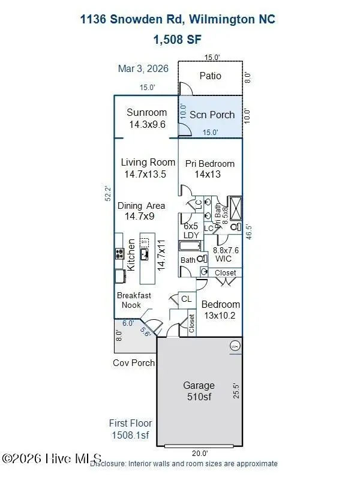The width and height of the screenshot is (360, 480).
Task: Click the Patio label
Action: click(x=210, y=76)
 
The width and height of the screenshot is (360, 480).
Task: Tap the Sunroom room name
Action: click(x=146, y=113)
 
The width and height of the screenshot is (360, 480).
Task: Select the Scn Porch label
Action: click(x=212, y=115)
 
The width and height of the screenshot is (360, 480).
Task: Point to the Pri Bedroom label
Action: click(x=209, y=164)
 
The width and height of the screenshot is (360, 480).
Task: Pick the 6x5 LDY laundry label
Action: click(x=191, y=230)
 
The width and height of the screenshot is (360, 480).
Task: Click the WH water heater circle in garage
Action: click(x=234, y=346)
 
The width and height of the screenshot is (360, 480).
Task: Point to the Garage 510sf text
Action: click(x=199, y=391)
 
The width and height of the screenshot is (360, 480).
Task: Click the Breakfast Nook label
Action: click(x=134, y=300)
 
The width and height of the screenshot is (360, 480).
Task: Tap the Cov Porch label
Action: click(x=134, y=363)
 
